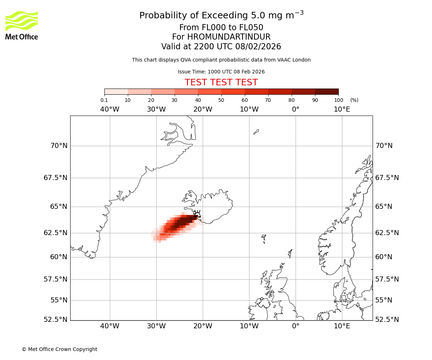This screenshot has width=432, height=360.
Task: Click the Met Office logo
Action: pyautogui.click(x=22, y=25)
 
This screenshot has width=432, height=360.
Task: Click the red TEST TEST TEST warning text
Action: pyautogui.click(x=221, y=83)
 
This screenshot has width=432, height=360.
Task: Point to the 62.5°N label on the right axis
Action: pyautogui.click(x=387, y=233)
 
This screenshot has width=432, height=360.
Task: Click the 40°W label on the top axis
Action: pyautogui.click(x=110, y=109)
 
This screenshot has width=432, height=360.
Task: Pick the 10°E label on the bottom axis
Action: pyautogui.click(x=342, y=326)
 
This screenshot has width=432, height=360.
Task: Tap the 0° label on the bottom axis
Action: pyautogui.click(x=296, y=326)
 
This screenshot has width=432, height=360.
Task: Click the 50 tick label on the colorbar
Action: pyautogui.click(x=221, y=100)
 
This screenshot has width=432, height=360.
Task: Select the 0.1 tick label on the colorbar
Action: pyautogui.click(x=104, y=100)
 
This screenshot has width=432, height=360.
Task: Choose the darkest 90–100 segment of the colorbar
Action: pyautogui.click(x=327, y=91)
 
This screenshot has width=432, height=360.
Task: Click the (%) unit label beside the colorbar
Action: pyautogui.click(x=354, y=100)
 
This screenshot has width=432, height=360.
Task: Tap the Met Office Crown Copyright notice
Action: pyautogui.click(x=59, y=349)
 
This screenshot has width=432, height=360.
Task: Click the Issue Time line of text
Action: pyautogui.click(x=221, y=72)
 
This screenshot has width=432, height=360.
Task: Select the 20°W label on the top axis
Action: pyautogui.click(x=203, y=109)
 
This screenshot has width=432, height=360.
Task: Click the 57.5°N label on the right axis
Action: pyautogui.click(x=387, y=279)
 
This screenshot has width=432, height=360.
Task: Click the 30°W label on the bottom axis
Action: pyautogui.click(x=156, y=326)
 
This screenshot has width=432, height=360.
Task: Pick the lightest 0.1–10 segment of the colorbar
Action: pyautogui.click(x=116, y=91)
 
